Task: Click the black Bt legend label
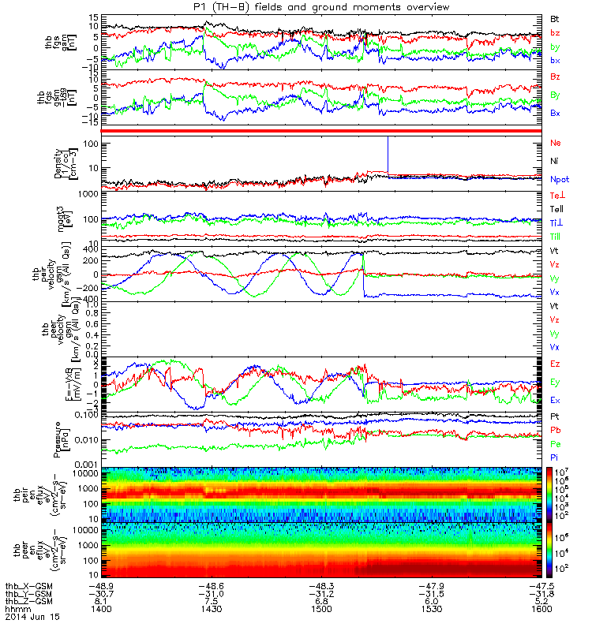click(x=555, y=18)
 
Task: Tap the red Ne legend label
click(x=555, y=143)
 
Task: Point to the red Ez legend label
click(x=555, y=364)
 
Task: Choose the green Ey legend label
click(x=555, y=383)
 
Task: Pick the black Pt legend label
click(x=555, y=415)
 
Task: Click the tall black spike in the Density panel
click(x=388, y=154)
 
